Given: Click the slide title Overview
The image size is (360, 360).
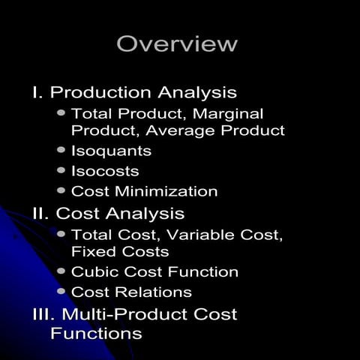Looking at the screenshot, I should point(177,44).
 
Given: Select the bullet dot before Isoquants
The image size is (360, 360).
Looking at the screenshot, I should point(61,151).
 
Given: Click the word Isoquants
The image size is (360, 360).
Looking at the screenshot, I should point(111,151).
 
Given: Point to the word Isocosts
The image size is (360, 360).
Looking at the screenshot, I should point(105,171).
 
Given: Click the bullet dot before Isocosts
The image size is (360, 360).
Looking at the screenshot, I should point(61,171).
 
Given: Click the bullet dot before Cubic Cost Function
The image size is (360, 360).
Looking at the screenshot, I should point(61,271).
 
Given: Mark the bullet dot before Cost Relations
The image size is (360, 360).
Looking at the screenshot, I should point(61,292).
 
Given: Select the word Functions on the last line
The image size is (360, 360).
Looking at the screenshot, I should point(96,332).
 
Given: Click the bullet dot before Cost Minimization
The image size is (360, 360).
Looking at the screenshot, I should point(61,191).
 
